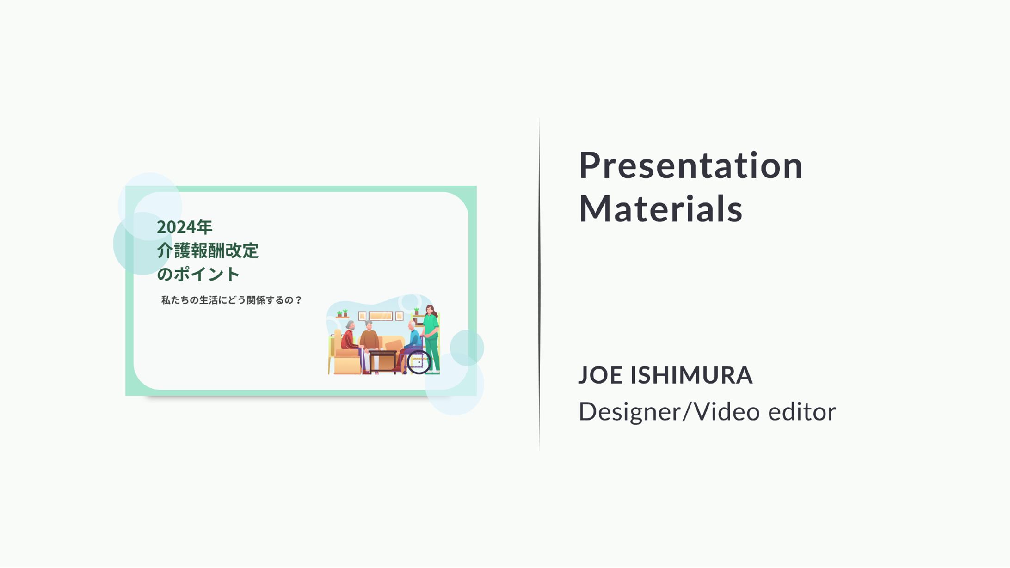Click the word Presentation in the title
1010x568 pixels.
(690, 165)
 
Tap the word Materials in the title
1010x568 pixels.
(660, 209)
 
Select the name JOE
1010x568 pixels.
(601, 375)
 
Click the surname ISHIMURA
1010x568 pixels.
(691, 375)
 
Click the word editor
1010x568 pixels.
(802, 411)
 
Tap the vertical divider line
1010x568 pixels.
(539, 284)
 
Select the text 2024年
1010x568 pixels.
(185, 227)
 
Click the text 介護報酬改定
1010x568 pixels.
(208, 250)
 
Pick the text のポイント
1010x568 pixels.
(198, 274)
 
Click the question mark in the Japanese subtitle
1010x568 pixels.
(298, 300)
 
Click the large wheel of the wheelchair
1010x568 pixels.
(419, 362)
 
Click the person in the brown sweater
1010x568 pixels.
(369, 340)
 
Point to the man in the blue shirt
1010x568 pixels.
(409, 344)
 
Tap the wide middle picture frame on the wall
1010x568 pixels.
(381, 316)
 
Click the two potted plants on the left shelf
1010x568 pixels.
(342, 313)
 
